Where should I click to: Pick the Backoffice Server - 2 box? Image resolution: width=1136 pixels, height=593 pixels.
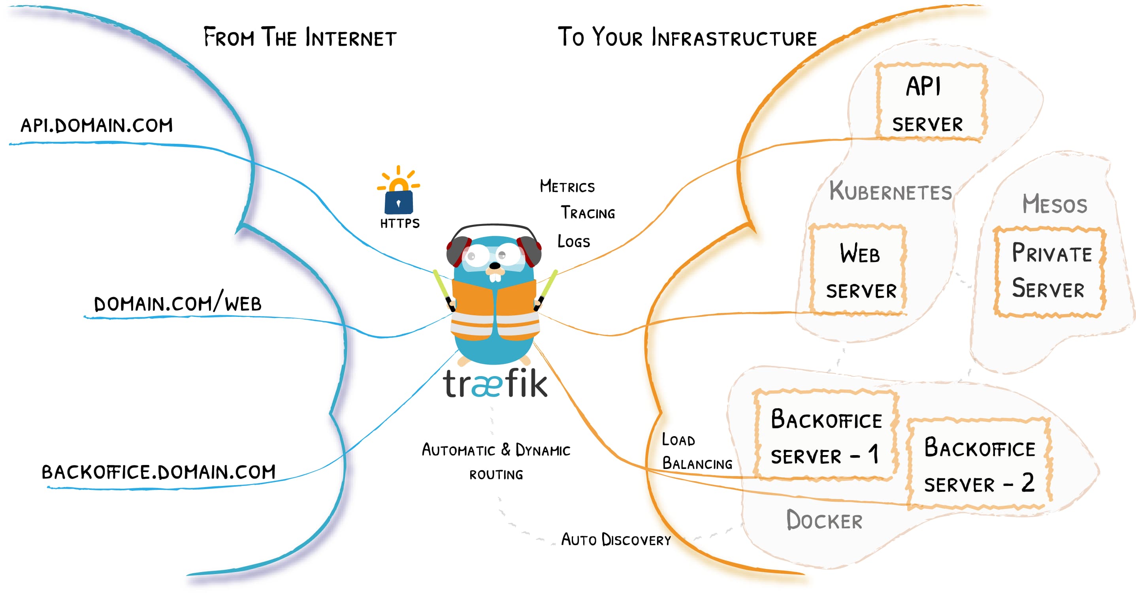pos(979,464)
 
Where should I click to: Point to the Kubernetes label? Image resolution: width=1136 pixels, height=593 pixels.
pos(890,191)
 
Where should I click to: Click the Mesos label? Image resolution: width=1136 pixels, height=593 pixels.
pos(1055,204)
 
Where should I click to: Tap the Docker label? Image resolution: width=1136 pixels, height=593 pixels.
pos(824,520)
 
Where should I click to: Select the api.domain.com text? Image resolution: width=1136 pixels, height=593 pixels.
pos(96,126)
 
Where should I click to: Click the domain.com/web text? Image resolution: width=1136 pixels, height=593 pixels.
pos(178,303)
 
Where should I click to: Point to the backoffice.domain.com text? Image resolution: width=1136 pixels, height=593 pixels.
pos(159,472)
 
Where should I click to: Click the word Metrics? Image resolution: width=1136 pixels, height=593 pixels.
pos(567,186)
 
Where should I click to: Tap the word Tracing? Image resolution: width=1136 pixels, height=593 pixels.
pos(588,213)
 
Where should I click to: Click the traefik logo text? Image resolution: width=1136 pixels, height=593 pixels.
pos(495,384)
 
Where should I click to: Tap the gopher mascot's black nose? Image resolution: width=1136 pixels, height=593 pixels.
pos(495,266)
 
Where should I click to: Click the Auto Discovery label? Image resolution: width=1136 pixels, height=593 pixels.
pos(616,540)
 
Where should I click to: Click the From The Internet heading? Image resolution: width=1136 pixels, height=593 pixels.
pos(300,38)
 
